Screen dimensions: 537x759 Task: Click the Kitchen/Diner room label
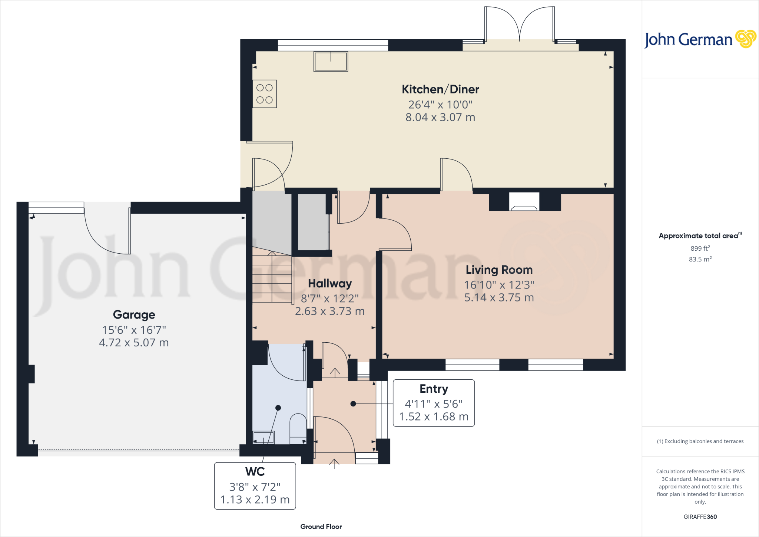(440, 89)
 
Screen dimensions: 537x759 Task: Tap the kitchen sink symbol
(331, 61)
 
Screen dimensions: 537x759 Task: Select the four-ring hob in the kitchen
(265, 94)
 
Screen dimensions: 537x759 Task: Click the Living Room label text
(499, 270)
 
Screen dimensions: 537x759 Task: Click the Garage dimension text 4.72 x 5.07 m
(134, 343)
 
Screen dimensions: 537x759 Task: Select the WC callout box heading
(255, 471)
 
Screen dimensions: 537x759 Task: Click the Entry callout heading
(434, 389)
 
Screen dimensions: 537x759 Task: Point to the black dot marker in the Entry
(353, 404)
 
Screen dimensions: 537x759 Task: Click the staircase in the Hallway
(272, 276)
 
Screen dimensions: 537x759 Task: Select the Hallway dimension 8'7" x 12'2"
(329, 299)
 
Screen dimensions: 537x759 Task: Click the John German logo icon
(745, 39)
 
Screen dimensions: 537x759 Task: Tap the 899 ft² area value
(700, 248)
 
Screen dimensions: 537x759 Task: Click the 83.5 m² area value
(700, 259)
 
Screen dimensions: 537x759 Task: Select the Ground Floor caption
(321, 527)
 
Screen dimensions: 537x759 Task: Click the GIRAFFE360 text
(700, 517)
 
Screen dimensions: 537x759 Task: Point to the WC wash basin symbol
(264, 438)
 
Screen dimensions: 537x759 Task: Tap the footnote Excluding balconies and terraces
(700, 441)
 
